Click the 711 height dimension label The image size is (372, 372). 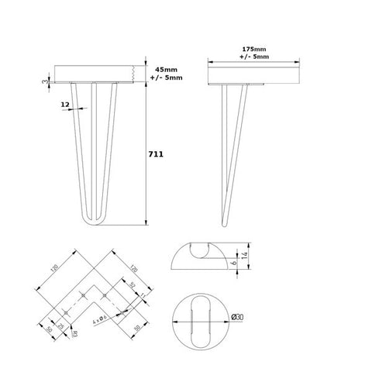(156, 154)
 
